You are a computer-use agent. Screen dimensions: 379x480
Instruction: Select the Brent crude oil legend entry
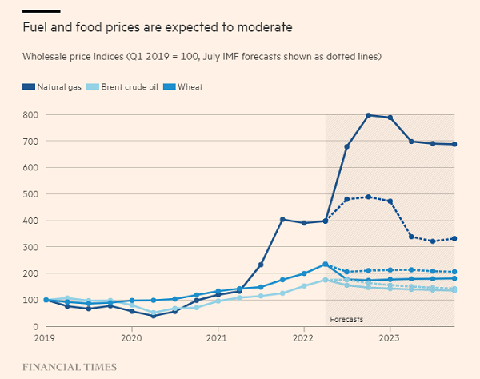point(130,86)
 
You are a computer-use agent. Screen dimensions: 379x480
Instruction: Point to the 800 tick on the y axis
point(30,115)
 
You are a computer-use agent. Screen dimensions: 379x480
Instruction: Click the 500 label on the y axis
point(30,194)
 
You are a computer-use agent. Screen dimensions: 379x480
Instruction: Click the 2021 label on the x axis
point(218,338)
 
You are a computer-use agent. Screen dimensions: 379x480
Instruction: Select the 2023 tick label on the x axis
point(390,338)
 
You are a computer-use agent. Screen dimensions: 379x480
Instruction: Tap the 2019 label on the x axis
point(46,338)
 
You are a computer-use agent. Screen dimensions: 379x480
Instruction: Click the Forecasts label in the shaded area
point(346,320)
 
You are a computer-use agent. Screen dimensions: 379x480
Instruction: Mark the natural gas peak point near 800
point(369,115)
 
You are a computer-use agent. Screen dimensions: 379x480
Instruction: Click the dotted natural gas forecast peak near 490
point(369,197)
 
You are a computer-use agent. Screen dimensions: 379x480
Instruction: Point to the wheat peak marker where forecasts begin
point(326,264)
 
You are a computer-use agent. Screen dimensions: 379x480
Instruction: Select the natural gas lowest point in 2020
point(154,316)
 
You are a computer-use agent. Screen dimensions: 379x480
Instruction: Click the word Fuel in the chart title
point(34,27)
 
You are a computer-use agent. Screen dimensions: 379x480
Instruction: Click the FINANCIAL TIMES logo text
point(69,367)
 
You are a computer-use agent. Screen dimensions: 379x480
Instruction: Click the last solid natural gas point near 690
point(454,144)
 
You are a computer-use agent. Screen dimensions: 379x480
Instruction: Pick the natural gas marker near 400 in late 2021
point(282,219)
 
